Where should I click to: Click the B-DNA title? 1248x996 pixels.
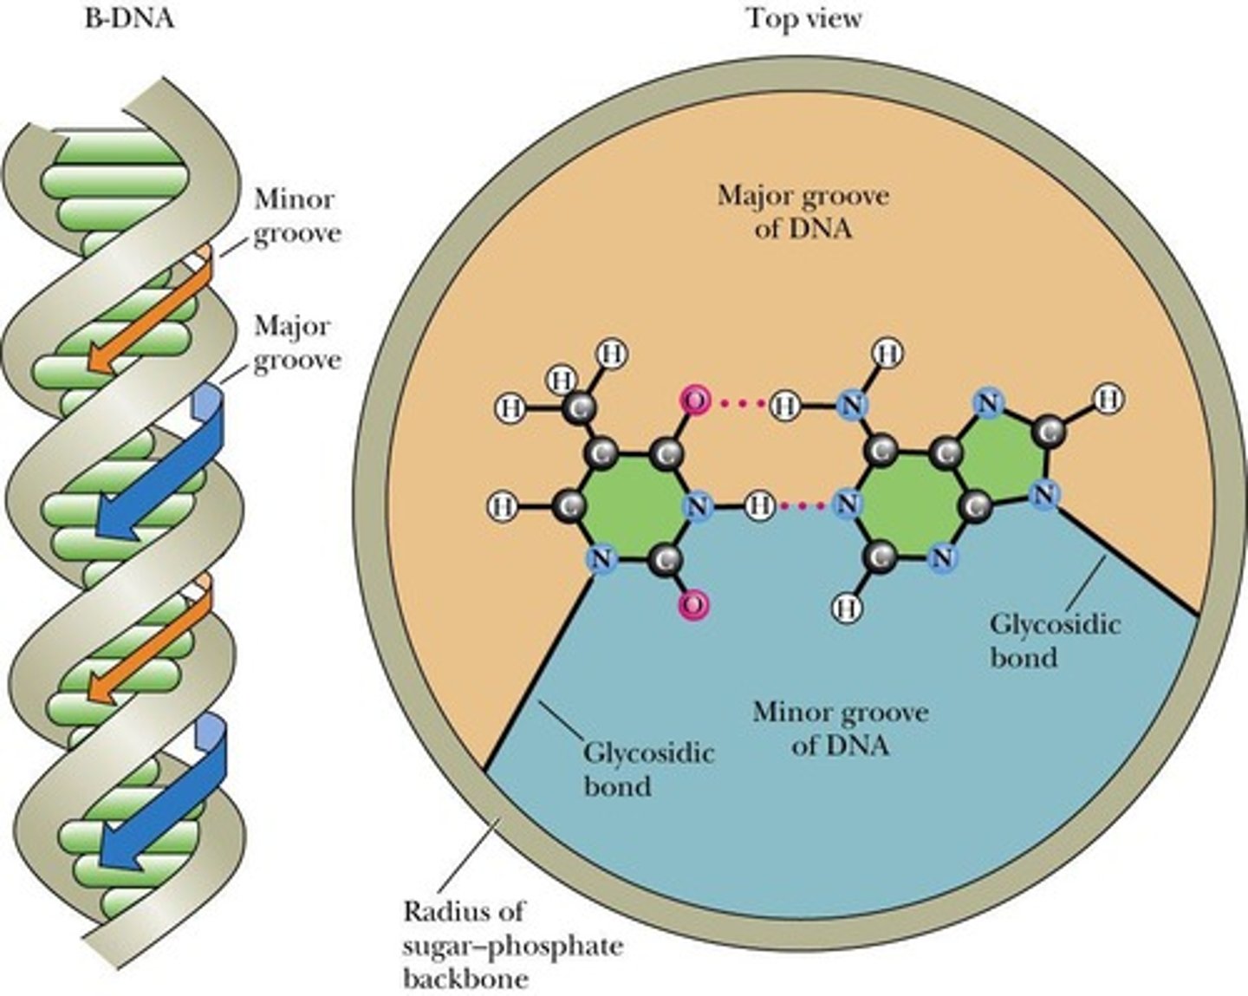pos(129,18)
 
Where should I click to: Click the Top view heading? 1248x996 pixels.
pos(805,18)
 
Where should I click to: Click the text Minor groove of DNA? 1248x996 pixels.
pos(840,728)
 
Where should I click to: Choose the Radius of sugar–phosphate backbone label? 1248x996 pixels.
pos(512,944)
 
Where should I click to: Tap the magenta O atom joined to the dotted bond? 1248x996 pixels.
pos(694,400)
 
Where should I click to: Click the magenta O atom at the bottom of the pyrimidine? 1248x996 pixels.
pos(693,604)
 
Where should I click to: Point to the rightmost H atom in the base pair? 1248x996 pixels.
pos(1107,399)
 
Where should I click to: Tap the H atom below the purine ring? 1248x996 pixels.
pos(847,607)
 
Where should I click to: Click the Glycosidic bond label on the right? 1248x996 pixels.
pos(1054,640)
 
